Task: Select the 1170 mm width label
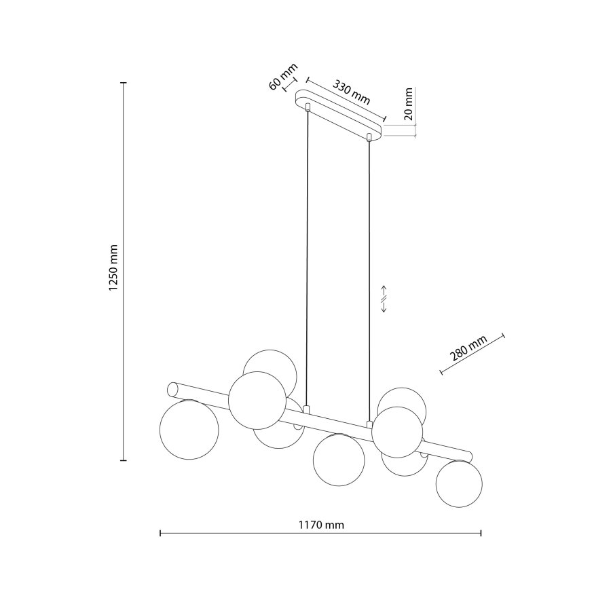tap(320, 525)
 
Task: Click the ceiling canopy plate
tap(338, 114)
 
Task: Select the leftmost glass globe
tap(189, 430)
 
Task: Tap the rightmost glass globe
tap(459, 483)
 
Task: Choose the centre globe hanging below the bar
tap(339, 460)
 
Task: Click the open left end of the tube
tap(172, 390)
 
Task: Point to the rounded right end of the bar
tap(468, 453)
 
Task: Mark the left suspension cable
tap(308, 258)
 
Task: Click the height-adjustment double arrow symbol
tap(384, 298)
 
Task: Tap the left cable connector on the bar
tap(308, 410)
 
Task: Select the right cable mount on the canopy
tap(369, 138)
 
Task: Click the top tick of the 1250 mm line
tap(123, 82)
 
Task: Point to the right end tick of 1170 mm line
tap(481, 534)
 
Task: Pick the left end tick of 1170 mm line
tap(160, 534)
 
